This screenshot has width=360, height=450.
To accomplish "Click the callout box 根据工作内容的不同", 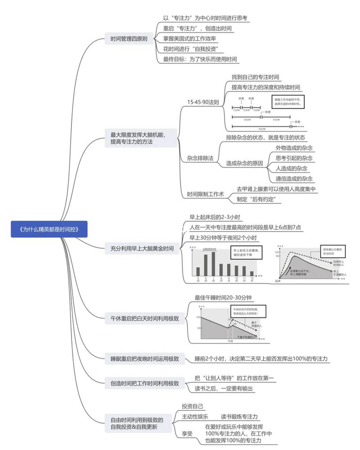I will (x=288, y=101).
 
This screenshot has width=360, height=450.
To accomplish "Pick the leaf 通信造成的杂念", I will (x=294, y=178).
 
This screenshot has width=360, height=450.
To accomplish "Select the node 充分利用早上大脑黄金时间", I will (x=142, y=248).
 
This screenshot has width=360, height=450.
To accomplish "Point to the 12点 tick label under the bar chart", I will (x=252, y=279).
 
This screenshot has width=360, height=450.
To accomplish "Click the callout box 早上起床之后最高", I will (x=246, y=252).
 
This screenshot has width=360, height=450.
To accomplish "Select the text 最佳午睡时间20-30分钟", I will (x=223, y=298).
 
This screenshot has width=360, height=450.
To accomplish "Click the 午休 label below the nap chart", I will (x=229, y=341).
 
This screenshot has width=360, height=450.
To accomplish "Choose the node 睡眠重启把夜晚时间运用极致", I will (x=144, y=359).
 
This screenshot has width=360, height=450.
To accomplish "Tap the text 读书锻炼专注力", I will (x=242, y=417).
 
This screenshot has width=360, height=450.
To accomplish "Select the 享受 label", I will (x=187, y=434).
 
